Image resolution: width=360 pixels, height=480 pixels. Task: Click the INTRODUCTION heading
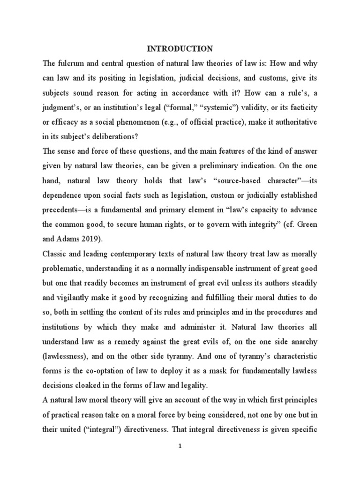(x=180, y=48)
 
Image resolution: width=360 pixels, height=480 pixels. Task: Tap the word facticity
(x=300, y=108)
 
